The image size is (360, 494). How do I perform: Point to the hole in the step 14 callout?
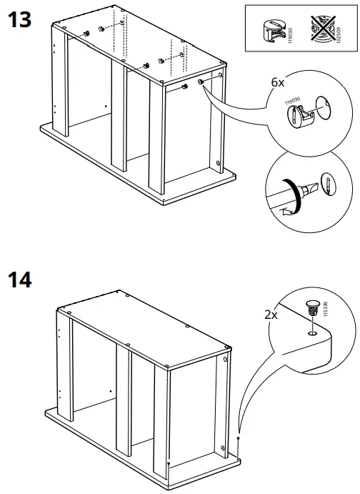(x=312, y=332)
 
